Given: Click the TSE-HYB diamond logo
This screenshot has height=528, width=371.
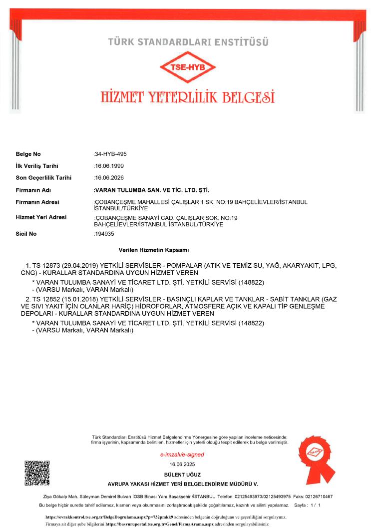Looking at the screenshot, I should coord(187,68).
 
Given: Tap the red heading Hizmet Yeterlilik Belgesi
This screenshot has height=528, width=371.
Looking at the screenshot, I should coord(187,95).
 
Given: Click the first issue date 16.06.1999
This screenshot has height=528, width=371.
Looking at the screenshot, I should coord(109,166).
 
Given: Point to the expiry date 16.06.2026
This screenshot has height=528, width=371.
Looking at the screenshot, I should coord(109,177).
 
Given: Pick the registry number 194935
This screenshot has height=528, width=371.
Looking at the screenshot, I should coord(104,234).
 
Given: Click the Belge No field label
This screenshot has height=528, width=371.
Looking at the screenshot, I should coord(28,154).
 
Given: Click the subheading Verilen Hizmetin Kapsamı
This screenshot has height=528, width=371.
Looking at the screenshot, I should coord(153,249).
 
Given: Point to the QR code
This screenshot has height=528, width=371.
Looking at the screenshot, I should coord(37,472).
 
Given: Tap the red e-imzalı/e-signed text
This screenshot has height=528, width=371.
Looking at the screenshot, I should coord(182,455).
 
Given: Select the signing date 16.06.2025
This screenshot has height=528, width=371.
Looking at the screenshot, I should coord(182,465).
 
